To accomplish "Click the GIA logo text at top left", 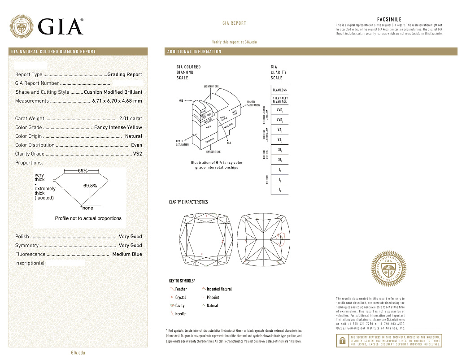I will coord(61,26).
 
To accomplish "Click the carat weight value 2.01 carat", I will coord(131,119).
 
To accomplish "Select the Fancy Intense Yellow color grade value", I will coord(118,128).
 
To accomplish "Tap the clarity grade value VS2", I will coord(137,154).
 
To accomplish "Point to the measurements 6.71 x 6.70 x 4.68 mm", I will coord(117,101).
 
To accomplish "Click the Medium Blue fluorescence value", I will coord(127,254).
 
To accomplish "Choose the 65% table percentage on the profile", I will coord(83,171).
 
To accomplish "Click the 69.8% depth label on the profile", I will coord(90,186).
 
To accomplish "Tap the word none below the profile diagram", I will coord(87,208).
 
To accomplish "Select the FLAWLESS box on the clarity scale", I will coord(279,90).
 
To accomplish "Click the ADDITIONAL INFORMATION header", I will coord(194,52).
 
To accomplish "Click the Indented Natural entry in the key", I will coord(219,289).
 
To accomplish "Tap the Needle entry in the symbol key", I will coord(180,314).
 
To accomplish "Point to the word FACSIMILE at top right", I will coord(389,20).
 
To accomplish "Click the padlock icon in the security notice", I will coord(342,341).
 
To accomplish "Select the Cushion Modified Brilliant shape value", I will coord(113,92).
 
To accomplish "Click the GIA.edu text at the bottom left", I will coord(78,353).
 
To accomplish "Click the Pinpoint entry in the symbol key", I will coord(213,297).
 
